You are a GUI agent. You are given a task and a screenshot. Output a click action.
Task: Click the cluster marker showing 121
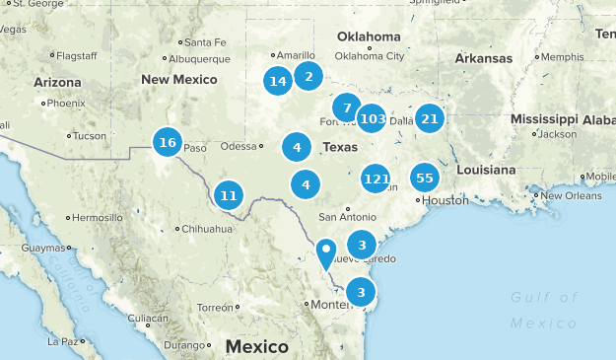376,179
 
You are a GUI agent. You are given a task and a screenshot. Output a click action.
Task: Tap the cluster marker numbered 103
372,119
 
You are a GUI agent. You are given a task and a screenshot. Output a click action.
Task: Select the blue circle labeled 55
425,178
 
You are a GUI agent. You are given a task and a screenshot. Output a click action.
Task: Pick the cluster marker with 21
429,118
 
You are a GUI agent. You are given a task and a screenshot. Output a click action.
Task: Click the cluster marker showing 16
167,143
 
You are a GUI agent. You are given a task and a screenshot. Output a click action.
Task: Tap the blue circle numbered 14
278,81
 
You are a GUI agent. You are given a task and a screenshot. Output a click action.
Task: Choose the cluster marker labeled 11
229,194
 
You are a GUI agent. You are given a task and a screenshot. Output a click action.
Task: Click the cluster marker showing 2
308,76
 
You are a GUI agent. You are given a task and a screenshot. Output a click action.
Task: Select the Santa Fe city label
205,41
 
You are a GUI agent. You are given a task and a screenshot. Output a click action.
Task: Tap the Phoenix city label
66,103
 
